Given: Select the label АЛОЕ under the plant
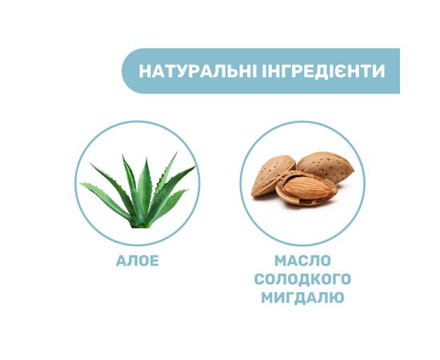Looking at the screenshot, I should coord(137,261).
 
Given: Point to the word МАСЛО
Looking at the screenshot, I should coord(302,261).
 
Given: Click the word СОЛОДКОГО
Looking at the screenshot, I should coord(302,279).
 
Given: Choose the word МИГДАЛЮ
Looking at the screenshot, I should coord(302,298).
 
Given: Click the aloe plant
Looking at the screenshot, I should coord(138,192).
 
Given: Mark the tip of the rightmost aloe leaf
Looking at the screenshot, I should coord(194,167).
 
